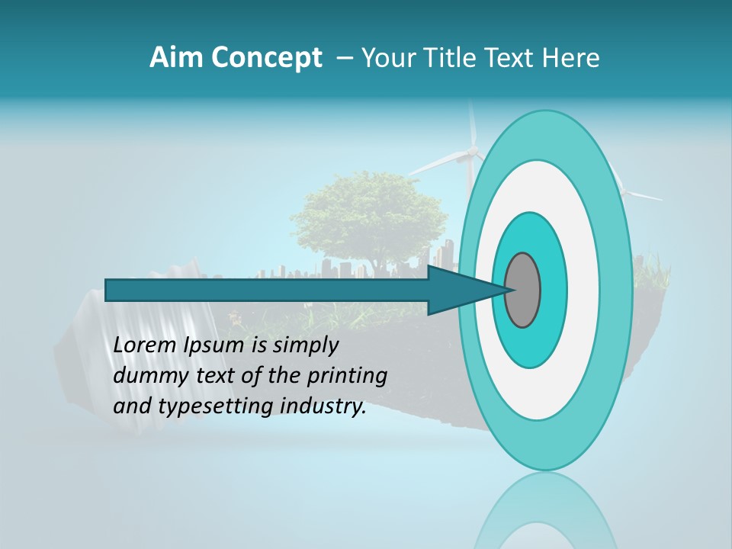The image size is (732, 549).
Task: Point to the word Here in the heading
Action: point(572,58)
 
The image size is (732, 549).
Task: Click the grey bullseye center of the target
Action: point(523,290)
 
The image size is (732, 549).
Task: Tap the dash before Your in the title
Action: point(345,58)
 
